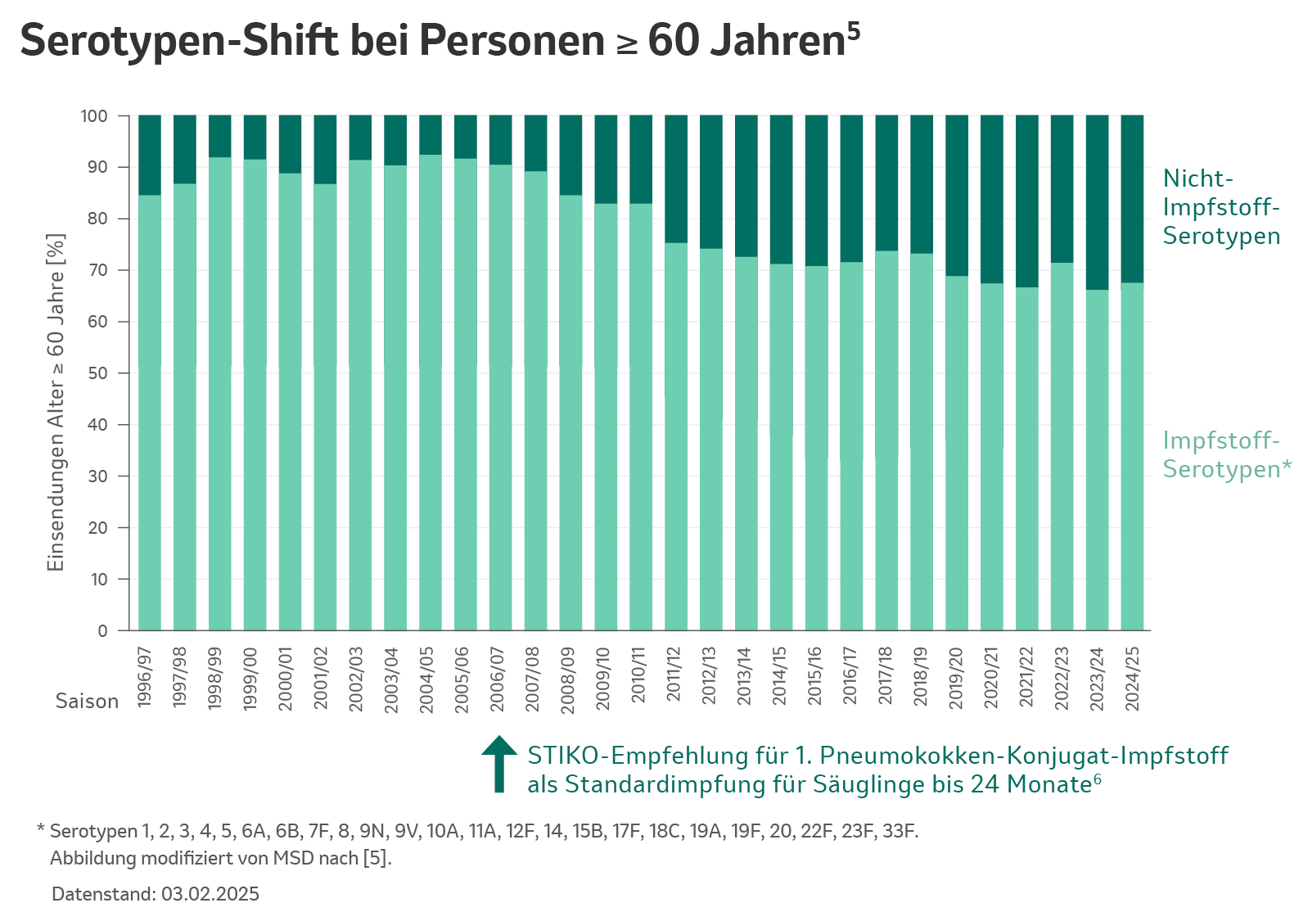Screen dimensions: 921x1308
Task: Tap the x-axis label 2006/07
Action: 498,679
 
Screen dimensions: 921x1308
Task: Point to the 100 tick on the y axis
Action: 94,116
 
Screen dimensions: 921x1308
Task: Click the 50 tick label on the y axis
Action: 97,373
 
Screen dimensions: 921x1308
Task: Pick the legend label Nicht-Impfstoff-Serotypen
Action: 1220,207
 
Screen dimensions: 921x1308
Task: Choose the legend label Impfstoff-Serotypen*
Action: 1225,455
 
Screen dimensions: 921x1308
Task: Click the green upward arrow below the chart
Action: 499,763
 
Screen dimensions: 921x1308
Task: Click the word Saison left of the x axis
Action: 87,702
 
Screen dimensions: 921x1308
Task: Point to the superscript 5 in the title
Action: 854,30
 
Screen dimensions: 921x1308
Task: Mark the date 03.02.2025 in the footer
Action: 210,894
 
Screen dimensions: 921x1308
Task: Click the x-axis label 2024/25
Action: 1133,679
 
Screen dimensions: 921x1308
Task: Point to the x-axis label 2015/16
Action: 815,679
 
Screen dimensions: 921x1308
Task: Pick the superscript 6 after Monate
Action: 1097,779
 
